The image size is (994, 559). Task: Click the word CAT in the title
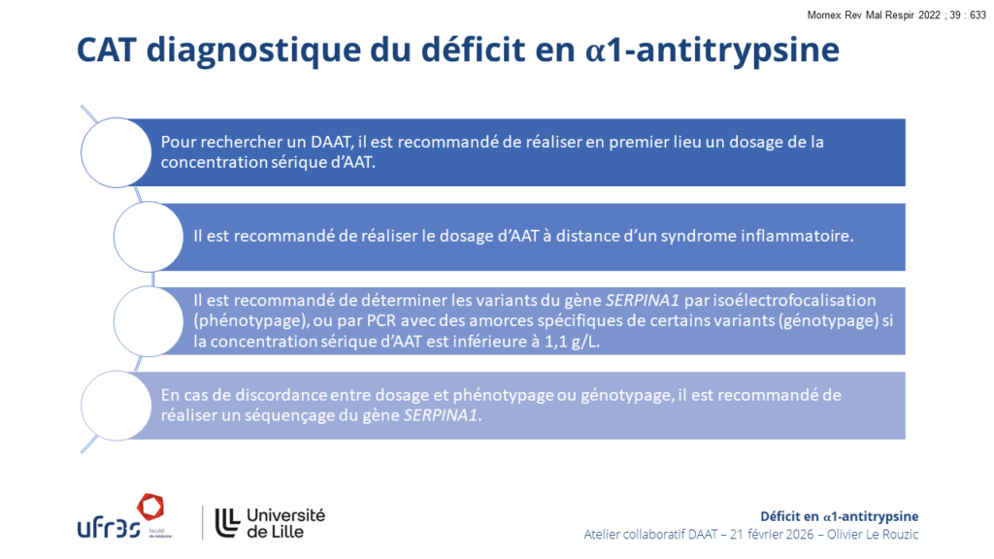107,49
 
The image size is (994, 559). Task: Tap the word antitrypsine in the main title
738,50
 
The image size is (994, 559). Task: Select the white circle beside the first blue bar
116,152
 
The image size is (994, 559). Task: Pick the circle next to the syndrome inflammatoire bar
149,237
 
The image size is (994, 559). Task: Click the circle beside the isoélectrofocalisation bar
149,321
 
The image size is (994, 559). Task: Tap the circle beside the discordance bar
116,406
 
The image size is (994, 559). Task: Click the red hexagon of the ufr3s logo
150,507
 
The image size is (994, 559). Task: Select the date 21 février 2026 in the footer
772,535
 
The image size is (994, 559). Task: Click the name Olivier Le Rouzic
873,535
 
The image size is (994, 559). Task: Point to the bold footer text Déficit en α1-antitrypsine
840,516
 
